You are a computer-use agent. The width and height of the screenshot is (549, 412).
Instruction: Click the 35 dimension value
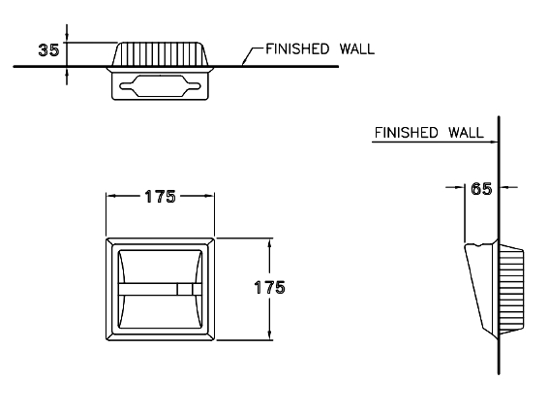pos(48,50)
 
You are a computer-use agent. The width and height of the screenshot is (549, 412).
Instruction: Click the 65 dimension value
pos(481,189)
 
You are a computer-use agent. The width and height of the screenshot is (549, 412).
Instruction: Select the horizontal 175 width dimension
pos(160,197)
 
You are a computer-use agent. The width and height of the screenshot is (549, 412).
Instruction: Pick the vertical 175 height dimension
pos(269,288)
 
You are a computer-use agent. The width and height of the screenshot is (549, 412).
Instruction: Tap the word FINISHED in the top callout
pos(297,48)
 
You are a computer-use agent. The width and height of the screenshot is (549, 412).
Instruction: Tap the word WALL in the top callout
pos(356,48)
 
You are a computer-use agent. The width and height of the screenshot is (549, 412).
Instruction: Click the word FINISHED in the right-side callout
pos(406,133)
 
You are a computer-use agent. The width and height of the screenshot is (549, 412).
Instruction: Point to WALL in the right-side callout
pos(466,133)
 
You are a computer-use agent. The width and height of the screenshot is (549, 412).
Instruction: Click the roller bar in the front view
pos(160,289)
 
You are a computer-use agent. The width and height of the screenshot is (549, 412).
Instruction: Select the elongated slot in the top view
pos(160,86)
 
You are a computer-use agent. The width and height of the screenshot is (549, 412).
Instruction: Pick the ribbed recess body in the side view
pos(511,289)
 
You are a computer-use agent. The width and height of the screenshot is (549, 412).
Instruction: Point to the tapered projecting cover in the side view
pos(480,289)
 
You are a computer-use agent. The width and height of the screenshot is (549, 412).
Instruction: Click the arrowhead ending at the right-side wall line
pos(494,142)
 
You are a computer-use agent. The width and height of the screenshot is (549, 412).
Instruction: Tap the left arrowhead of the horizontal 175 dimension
pos(110,197)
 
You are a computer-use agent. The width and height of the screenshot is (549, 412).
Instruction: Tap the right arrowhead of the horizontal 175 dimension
pos(209,197)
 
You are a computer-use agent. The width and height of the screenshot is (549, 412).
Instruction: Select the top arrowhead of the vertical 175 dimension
pos(269,243)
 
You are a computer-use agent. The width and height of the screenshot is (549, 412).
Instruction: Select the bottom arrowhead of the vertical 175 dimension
pos(269,335)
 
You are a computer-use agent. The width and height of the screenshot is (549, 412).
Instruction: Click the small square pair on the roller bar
pos(189,289)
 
